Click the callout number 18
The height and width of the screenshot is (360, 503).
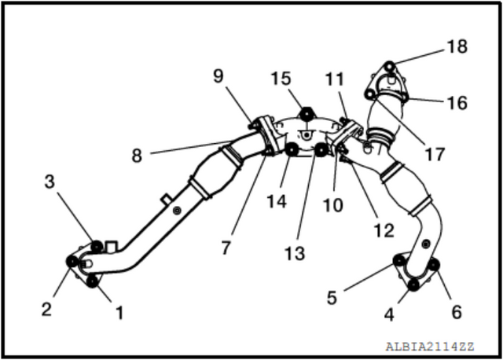[x=457, y=46]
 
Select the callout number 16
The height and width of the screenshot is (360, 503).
[x=457, y=103]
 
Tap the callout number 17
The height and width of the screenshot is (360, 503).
[x=435, y=154]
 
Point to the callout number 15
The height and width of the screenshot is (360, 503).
[x=281, y=79]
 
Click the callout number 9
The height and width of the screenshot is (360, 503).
[x=218, y=76]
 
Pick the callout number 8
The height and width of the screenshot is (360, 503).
[x=137, y=156]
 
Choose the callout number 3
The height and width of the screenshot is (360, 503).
[x=50, y=182]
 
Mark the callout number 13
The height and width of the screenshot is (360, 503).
[x=295, y=253]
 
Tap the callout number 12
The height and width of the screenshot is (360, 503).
[x=384, y=230]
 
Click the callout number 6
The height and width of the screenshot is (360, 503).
[x=457, y=312]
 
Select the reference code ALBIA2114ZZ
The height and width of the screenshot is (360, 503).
[x=430, y=347]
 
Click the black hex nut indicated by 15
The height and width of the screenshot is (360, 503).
[x=306, y=114]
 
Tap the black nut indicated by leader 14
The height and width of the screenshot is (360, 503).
[x=292, y=150]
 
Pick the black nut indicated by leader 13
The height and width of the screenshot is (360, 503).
[x=321, y=150]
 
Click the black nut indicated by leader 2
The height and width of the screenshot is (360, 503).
[x=72, y=262]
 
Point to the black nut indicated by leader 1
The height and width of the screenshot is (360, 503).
[x=93, y=281]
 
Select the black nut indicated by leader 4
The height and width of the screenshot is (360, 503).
[x=413, y=285]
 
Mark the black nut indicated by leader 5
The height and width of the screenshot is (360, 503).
[x=399, y=260]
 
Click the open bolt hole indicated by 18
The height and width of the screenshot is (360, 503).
[x=390, y=67]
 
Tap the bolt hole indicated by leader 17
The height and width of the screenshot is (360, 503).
[x=370, y=94]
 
